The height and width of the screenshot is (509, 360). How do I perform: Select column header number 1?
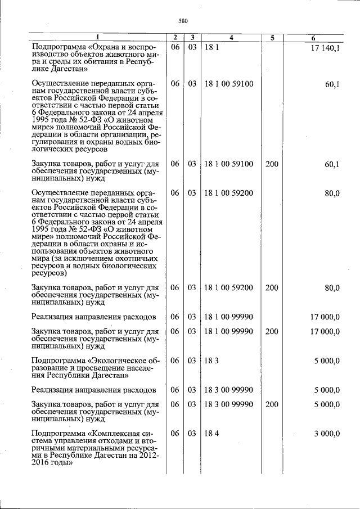point(97,38)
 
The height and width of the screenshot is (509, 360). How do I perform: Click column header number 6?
point(313,38)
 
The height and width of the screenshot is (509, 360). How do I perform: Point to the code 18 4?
point(211,434)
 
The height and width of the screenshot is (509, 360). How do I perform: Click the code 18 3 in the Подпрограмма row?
point(211,360)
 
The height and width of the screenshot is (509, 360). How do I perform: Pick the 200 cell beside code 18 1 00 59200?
point(271,288)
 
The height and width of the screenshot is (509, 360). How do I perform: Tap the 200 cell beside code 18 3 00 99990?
point(271,404)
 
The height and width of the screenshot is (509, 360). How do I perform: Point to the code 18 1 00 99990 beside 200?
point(229,331)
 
